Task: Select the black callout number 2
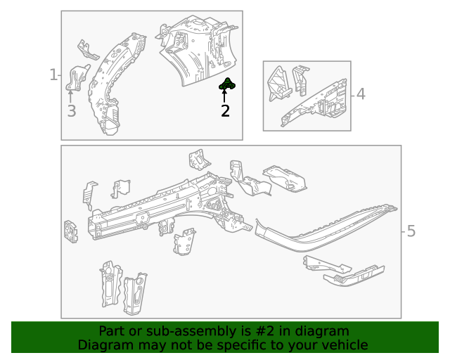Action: tap(225, 110)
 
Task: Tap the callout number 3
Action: tap(71, 110)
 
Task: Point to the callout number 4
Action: tap(361, 94)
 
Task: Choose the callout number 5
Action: tap(411, 231)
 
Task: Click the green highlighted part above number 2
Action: tap(227, 85)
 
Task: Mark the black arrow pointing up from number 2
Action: tap(225, 96)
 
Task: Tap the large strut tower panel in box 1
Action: tap(193, 49)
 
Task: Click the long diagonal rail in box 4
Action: tap(316, 102)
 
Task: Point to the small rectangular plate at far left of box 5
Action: tap(71, 231)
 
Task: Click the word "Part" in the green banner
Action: tap(112, 331)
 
